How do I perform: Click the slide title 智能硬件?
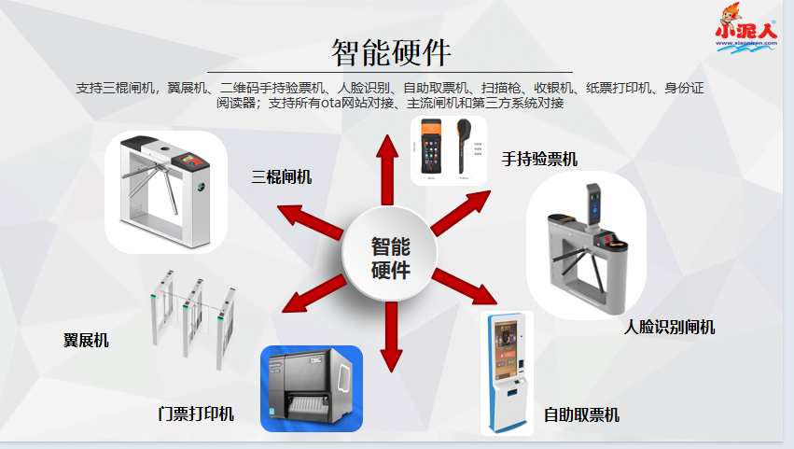[x=391, y=51]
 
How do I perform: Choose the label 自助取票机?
[x=581, y=414]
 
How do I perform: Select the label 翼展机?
[x=86, y=340]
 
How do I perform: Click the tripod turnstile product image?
[x=166, y=191]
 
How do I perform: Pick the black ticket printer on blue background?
[x=311, y=388]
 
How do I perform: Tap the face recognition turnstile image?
[x=586, y=247]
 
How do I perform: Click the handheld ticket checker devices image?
[x=450, y=149]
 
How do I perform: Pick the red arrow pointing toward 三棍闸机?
[x=312, y=218]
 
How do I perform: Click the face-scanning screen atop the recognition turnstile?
[x=594, y=203]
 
